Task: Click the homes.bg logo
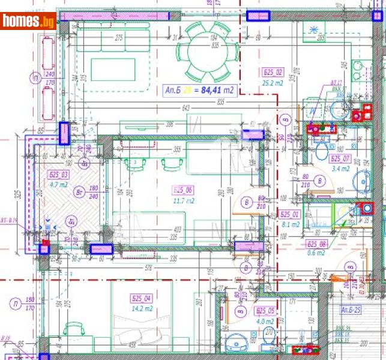(x=28, y=21)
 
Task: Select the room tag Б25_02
(x=273, y=73)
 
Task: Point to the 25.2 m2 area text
(x=273, y=83)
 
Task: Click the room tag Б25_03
(x=58, y=175)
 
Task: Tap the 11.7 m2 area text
(x=183, y=202)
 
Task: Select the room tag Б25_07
(x=340, y=158)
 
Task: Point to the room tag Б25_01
(x=290, y=214)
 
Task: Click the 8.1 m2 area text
(x=290, y=225)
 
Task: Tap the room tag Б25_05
(x=265, y=310)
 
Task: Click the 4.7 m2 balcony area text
(x=58, y=185)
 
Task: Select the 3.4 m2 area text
(x=340, y=169)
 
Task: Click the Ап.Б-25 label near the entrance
(x=351, y=310)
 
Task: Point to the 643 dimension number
(x=184, y=108)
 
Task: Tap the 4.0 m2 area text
(x=265, y=321)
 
